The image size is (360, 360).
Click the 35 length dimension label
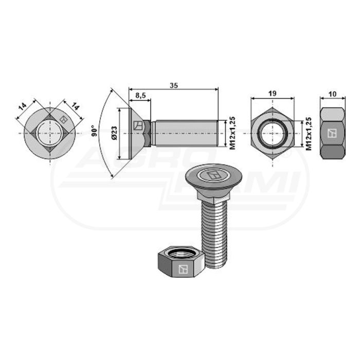click(174, 85)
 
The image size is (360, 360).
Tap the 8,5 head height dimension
click(140, 95)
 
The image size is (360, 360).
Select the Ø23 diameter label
click(114, 133)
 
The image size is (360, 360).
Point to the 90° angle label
click(94, 131)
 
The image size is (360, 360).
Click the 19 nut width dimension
click(272, 94)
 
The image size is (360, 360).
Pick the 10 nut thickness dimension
click(332, 94)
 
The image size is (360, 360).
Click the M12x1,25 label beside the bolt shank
click(232, 133)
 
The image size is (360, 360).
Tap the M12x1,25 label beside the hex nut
click(309, 134)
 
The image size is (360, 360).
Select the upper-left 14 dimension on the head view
click(23, 107)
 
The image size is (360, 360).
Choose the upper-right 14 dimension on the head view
click(75, 106)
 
